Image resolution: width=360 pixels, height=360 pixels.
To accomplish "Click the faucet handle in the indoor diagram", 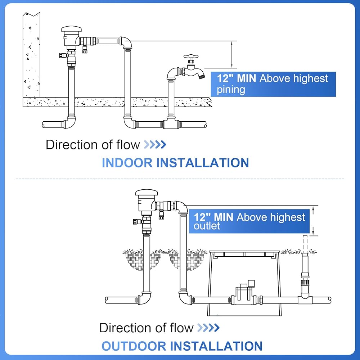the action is pyautogui.click(x=191, y=56).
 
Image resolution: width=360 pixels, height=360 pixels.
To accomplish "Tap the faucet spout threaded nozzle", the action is pyautogui.click(x=202, y=76).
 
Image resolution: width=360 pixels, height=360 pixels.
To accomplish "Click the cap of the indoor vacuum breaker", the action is pyautogui.click(x=71, y=29).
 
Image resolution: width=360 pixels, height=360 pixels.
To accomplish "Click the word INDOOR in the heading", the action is pyautogui.click(x=127, y=163).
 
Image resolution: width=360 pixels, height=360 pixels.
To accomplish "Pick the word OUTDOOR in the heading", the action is pyautogui.click(x=134, y=346).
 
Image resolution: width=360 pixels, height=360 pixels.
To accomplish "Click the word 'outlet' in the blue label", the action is pyautogui.click(x=207, y=226).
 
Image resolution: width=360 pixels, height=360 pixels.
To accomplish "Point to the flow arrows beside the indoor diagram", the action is pyautogui.click(x=155, y=145).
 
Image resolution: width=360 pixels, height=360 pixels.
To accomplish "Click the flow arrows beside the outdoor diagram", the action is pyautogui.click(x=208, y=328).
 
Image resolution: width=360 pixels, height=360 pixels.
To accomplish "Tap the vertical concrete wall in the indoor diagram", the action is pyautogui.click(x=31, y=55).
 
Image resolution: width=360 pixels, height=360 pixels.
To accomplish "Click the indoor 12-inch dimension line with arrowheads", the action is pyautogui.click(x=232, y=54).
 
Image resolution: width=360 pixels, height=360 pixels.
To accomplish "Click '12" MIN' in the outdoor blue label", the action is pyautogui.click(x=213, y=217).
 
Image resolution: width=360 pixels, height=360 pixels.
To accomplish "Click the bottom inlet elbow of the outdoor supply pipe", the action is pyautogui.click(x=144, y=298).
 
